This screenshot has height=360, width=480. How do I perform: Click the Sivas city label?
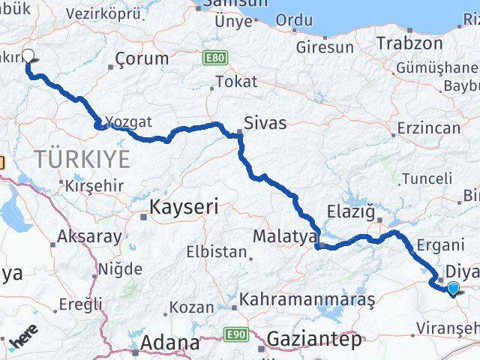(x=265, y=122)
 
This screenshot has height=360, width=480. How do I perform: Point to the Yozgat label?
(x=128, y=121)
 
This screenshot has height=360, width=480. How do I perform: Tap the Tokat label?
(x=235, y=81)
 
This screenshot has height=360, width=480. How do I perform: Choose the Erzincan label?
(x=429, y=128)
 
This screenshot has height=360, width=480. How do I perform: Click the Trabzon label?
(x=409, y=43)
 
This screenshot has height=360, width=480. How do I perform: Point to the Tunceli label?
(x=427, y=178)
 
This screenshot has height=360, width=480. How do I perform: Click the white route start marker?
(x=29, y=55)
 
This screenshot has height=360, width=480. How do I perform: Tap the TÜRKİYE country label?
(x=82, y=158)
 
